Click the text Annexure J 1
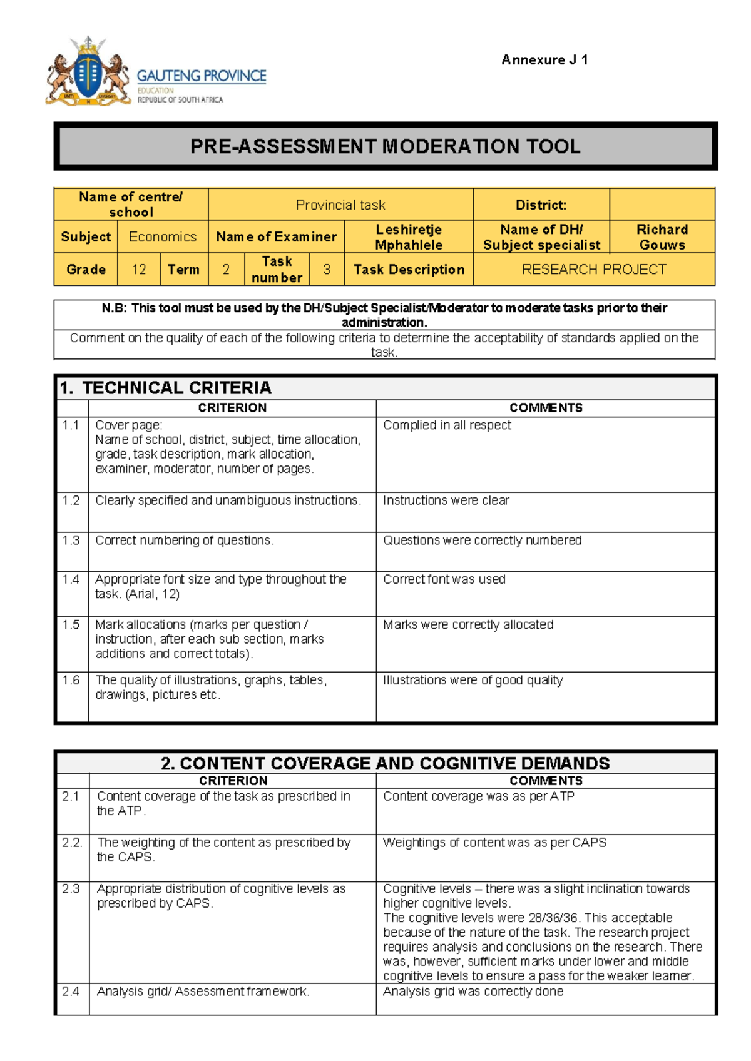544,60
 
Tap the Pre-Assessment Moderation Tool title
385,146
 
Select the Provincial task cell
340,205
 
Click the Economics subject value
163,237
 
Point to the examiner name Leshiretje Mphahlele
409,237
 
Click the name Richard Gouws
662,237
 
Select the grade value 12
139,270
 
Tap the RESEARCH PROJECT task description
594,270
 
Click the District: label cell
541,205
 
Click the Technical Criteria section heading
166,388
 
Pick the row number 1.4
71,580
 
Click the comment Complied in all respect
447,425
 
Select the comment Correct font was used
444,580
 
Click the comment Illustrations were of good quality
473,681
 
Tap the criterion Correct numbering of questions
185,541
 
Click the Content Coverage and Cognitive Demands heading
385,763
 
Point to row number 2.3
71,889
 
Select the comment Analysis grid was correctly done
473,992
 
